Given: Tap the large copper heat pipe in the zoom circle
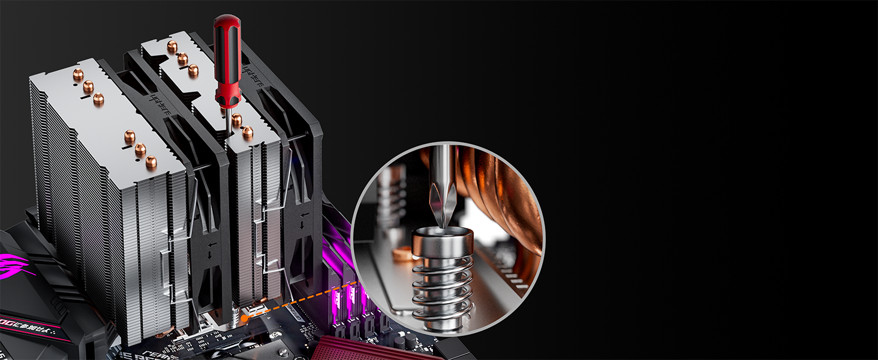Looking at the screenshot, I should [510, 198].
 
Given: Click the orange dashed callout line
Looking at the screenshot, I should [300, 299].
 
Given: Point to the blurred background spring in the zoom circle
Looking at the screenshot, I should [393, 198].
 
